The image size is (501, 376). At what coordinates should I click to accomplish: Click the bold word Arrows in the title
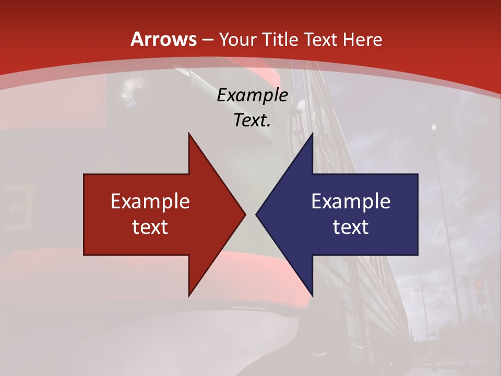pyautogui.click(x=164, y=39)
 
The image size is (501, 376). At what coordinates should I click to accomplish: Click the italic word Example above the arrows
pyautogui.click(x=252, y=96)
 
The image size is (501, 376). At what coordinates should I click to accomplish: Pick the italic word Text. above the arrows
pyautogui.click(x=252, y=121)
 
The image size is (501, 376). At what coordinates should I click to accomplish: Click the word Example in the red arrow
pyautogui.click(x=150, y=202)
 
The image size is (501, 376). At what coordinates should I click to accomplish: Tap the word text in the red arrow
pyautogui.click(x=150, y=227)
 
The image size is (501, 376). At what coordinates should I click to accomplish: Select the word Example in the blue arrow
pyautogui.click(x=351, y=202)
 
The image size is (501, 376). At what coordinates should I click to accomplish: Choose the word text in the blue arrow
pyautogui.click(x=351, y=227)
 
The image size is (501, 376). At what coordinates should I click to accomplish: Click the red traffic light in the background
pyautogui.click(x=479, y=285)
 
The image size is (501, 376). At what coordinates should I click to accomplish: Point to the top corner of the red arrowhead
pyautogui.click(x=189, y=134)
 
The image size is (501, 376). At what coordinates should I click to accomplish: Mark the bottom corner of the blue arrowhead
pyautogui.click(x=312, y=295)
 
